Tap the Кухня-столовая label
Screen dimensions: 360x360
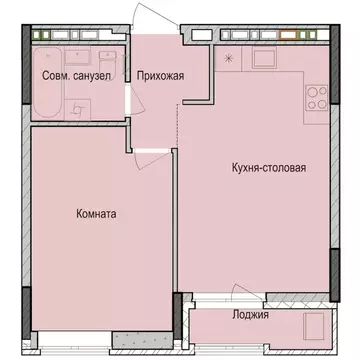[x=263, y=168]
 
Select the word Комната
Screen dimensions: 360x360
[x=96, y=213]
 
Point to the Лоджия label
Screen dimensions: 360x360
[x=278, y=314]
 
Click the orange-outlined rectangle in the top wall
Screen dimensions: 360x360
[x=293, y=37]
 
